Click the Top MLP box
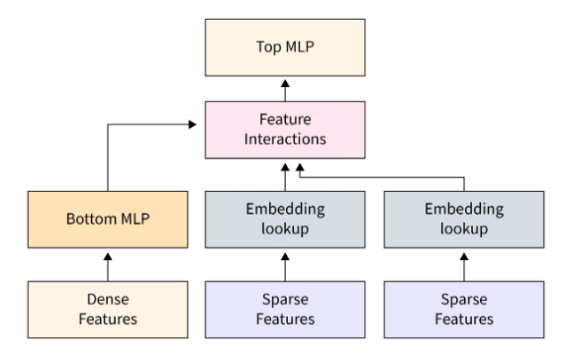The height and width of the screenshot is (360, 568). [285, 45]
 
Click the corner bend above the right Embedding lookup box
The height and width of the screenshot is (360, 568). [463, 178]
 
